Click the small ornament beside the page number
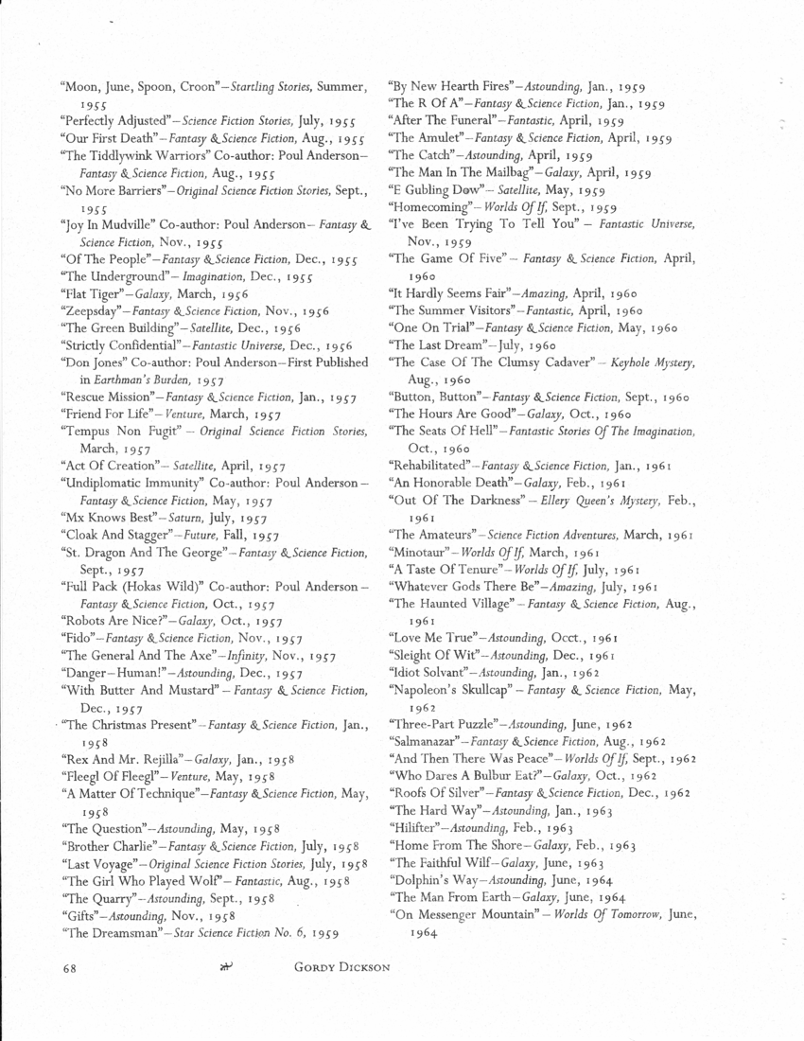[225, 966]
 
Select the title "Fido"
[75, 638]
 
